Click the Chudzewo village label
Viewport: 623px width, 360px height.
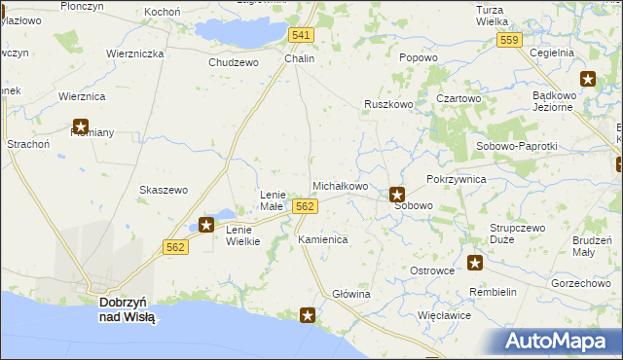tap(234, 62)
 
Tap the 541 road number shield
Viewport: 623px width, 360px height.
tap(302, 35)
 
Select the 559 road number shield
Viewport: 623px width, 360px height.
tap(507, 40)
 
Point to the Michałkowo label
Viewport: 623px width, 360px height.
tap(340, 186)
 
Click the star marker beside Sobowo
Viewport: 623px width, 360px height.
tap(397, 194)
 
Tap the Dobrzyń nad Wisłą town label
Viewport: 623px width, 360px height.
tap(128, 309)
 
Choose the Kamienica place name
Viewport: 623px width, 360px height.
tap(323, 238)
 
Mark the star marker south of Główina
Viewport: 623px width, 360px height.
tap(308, 314)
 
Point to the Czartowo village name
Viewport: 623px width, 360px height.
tap(458, 98)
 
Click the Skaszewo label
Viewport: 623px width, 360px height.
tap(164, 190)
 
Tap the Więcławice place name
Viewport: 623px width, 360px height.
tap(444, 315)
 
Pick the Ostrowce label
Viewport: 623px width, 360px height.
tap(432, 270)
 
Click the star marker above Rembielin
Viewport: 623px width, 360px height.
tap(475, 262)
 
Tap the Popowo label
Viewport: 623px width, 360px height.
tap(418, 58)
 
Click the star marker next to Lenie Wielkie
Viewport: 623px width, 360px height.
tap(206, 225)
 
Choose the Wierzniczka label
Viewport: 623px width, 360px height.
tap(135, 54)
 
